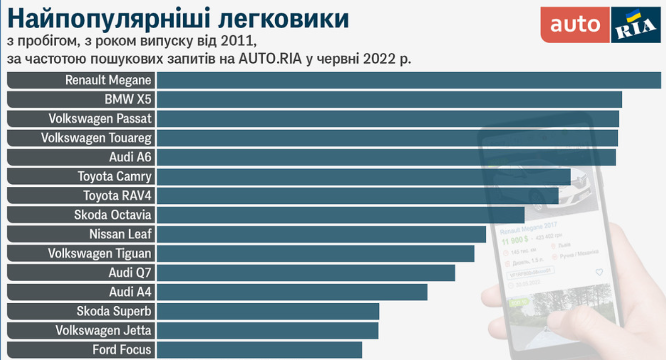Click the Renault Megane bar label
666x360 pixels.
click(x=108, y=80)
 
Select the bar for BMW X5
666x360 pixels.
click(x=389, y=99)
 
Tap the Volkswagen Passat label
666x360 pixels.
click(x=100, y=119)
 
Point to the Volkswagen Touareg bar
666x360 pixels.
click(x=387, y=138)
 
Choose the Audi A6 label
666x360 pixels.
click(x=130, y=157)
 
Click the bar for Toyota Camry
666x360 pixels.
click(x=363, y=177)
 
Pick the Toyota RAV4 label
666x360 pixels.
click(x=117, y=196)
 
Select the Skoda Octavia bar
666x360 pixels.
click(x=341, y=215)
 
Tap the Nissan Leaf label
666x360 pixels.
click(x=120, y=234)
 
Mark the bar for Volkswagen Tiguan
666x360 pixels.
click(x=315, y=254)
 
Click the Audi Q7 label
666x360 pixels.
click(x=130, y=273)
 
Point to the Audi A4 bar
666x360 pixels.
click(x=292, y=292)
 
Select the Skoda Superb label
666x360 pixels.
click(x=114, y=311)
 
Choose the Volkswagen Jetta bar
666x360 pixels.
click(x=268, y=330)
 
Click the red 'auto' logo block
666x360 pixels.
click(x=575, y=25)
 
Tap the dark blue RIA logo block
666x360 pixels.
click(x=635, y=25)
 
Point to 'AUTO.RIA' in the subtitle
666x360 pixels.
click(x=270, y=59)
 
